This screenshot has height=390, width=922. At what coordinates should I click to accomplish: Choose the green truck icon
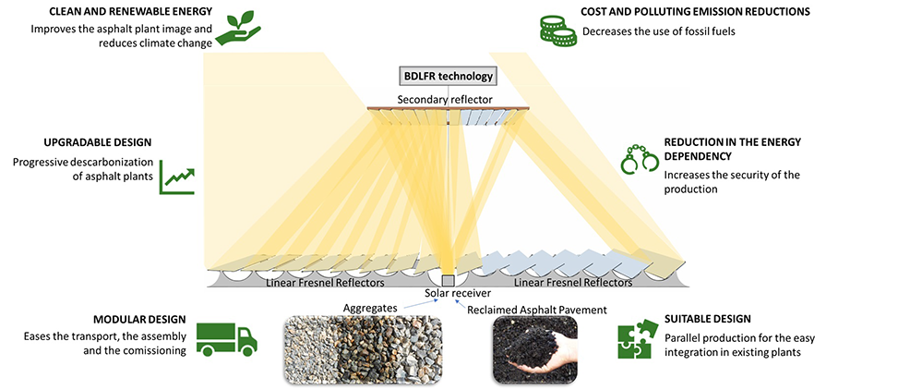tap(227, 339)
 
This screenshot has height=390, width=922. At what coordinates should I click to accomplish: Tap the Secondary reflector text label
tap(445, 99)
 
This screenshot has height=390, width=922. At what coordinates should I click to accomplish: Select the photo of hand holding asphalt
tap(533, 349)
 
